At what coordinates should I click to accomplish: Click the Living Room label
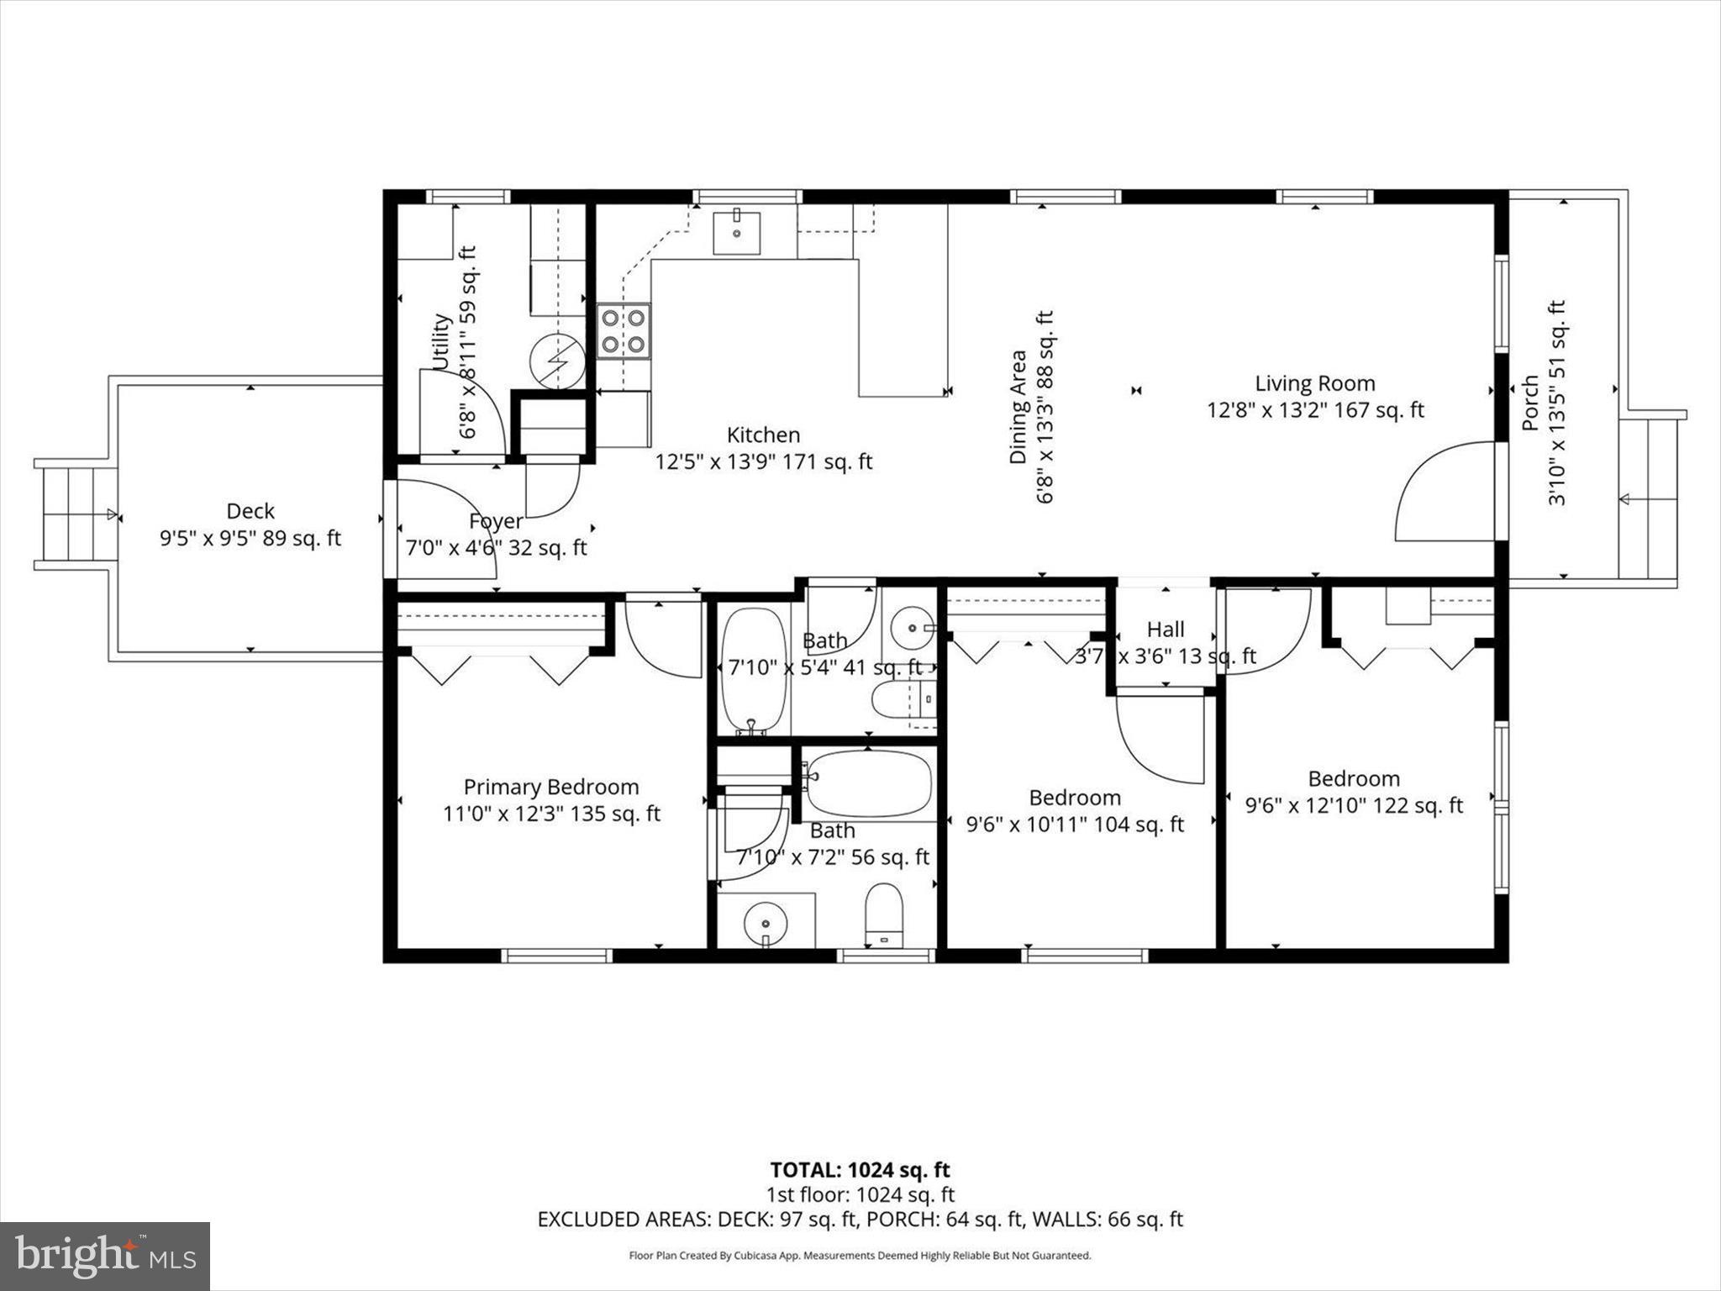pyautogui.click(x=1314, y=383)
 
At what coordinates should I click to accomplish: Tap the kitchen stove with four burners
pyautogui.click(x=624, y=330)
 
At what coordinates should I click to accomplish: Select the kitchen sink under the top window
pyautogui.click(x=736, y=233)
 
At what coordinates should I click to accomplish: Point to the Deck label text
pyautogui.click(x=250, y=511)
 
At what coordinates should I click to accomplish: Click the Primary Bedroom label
pyautogui.click(x=551, y=787)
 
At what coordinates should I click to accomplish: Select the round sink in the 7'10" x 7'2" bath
pyautogui.click(x=765, y=923)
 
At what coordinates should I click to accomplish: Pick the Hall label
pyautogui.click(x=1166, y=629)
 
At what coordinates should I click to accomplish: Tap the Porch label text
pyautogui.click(x=1530, y=403)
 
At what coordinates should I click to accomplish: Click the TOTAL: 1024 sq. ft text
pyautogui.click(x=860, y=1169)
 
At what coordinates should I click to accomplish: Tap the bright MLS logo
pyautogui.click(x=104, y=1256)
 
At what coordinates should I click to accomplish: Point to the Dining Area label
pyautogui.click(x=1018, y=407)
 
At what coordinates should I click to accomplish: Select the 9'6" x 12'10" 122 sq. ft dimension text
pyautogui.click(x=1353, y=805)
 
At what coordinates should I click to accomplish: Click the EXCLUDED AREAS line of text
pyautogui.click(x=860, y=1219)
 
